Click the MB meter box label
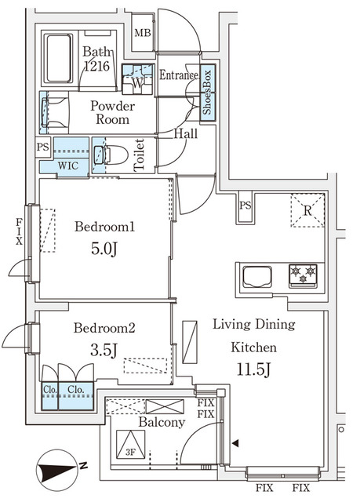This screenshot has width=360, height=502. tap(143, 33)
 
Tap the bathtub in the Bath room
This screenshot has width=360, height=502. tap(58, 58)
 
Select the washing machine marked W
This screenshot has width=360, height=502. tap(137, 79)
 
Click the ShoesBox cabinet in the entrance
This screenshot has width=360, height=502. tap(208, 93)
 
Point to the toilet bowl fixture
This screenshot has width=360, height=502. tap(111, 155)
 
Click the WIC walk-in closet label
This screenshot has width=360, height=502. tap(67, 166)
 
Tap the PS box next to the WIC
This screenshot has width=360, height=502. tap(43, 147)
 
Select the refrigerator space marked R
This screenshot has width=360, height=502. tap(307, 210)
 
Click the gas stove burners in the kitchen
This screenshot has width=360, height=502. tap(303, 275)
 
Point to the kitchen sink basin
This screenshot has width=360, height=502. tap(257, 276)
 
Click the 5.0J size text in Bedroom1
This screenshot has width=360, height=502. tap(104, 249)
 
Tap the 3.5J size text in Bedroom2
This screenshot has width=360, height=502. tap(104, 351)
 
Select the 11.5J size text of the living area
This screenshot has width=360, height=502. tap(254, 369)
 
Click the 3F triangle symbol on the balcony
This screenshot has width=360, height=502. tap(130, 445)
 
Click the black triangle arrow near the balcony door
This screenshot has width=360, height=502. tap(235, 443)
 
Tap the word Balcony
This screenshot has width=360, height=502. tap(162, 423)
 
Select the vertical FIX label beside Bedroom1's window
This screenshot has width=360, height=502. tap(20, 231)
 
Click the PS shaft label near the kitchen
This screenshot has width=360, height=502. tap(245, 206)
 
